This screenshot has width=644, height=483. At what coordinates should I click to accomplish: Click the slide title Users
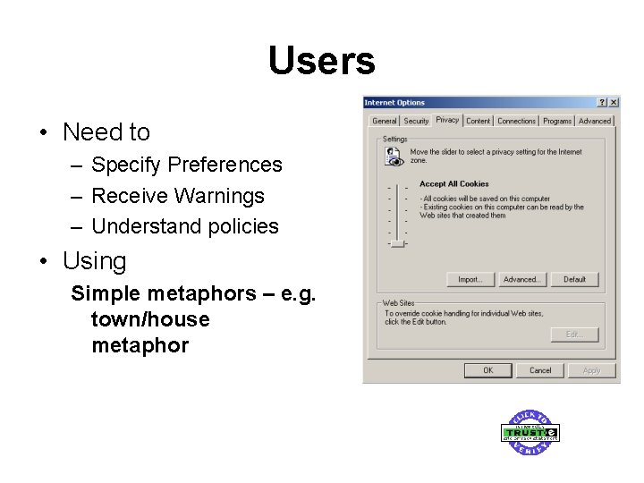click(x=321, y=61)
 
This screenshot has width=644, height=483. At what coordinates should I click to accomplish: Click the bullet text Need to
click(x=106, y=132)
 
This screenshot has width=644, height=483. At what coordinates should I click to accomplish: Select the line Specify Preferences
click(x=186, y=165)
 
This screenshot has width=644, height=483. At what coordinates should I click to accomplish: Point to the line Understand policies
click(x=185, y=226)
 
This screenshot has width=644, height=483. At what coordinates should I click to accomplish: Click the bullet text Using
click(x=94, y=261)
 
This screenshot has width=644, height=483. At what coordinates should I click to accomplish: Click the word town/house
click(x=150, y=319)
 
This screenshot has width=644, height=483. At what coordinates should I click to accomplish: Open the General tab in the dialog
click(x=384, y=121)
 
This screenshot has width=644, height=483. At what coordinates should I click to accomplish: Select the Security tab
click(x=416, y=121)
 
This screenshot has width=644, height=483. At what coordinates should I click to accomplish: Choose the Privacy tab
click(x=447, y=120)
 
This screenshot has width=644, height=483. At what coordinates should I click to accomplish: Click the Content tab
click(x=479, y=121)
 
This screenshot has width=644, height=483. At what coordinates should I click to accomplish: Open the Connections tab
click(x=516, y=121)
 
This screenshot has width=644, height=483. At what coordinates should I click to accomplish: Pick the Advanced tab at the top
click(x=594, y=121)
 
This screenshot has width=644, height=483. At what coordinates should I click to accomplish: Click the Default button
click(x=574, y=279)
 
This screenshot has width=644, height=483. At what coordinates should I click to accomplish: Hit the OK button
click(x=487, y=370)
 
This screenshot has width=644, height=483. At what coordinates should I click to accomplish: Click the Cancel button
click(x=540, y=370)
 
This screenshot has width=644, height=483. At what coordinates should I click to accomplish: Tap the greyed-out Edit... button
click(x=574, y=335)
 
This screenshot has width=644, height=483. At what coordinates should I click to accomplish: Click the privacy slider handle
click(x=397, y=242)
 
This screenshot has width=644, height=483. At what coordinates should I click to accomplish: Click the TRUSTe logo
click(x=530, y=433)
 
